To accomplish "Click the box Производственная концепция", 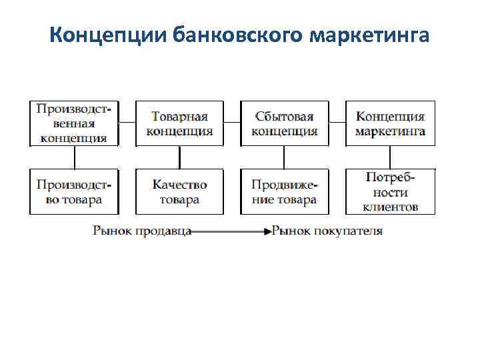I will coord(74,123).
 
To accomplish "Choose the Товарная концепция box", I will coord(179,123).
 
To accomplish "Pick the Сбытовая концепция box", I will coord(285,123).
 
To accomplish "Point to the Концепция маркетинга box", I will coord(390,123).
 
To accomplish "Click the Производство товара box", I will coord(74,191).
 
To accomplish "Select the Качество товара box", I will coord(179,191).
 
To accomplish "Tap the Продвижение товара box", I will coord(285,191).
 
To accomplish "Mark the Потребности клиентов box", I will coord(390,191).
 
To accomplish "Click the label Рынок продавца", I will coord(142,231).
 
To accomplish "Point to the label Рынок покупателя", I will coord(328,231).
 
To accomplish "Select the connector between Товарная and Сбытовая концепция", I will coord(232,123).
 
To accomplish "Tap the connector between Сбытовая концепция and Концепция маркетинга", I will coord(337,123).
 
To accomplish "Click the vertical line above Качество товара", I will coord(179,157).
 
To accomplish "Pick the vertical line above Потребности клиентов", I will coord(390,157).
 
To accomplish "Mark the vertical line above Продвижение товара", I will coord(285,157).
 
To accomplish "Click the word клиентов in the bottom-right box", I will coord(391,206).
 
